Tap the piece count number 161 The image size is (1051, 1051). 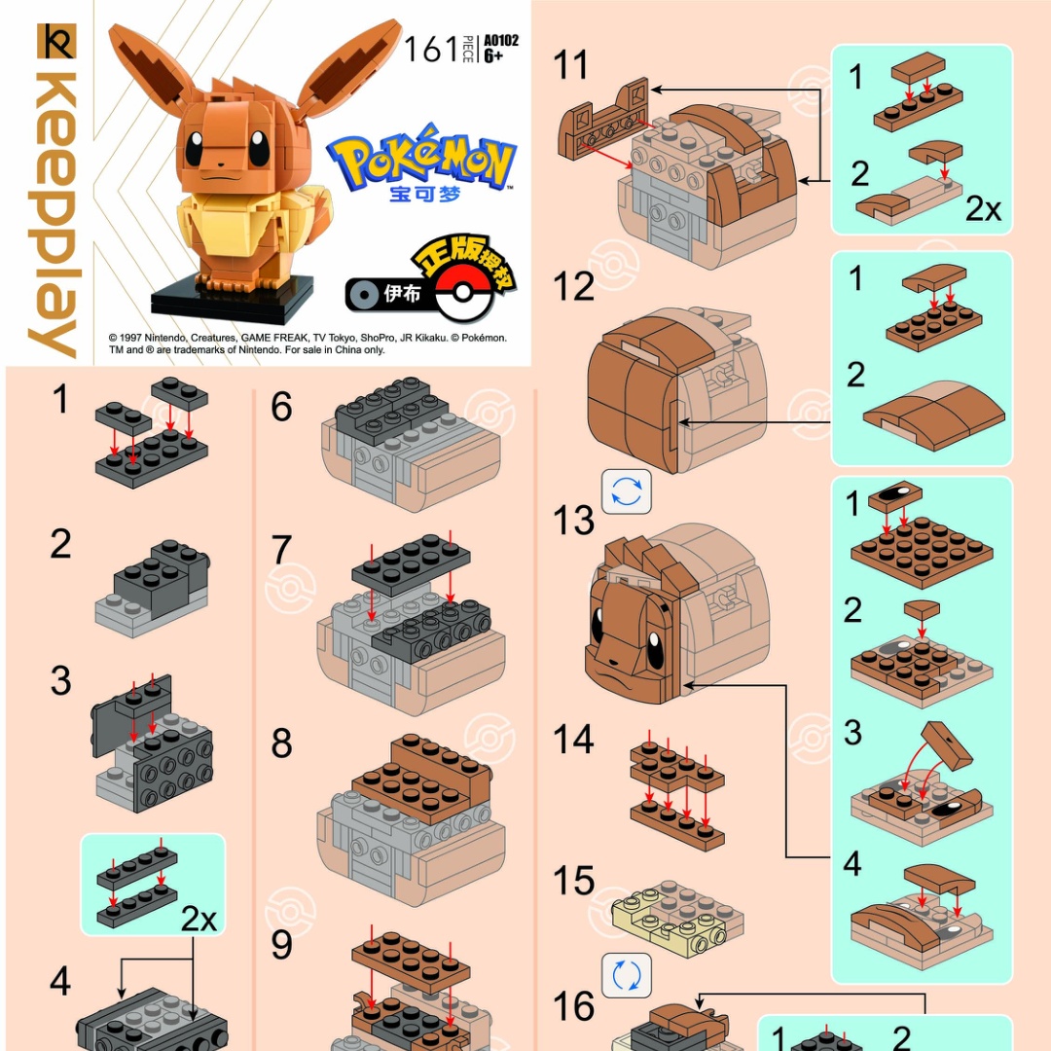click(431, 49)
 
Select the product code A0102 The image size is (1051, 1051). click(501, 40)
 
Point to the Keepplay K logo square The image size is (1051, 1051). click(57, 42)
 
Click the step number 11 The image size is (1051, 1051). click(570, 65)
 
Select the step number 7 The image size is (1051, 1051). click(281, 550)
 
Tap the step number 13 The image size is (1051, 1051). click(574, 521)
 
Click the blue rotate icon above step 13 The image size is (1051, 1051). click(627, 492)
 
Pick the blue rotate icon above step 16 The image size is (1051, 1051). click(627, 975)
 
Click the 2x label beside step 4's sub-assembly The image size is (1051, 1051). click(199, 920)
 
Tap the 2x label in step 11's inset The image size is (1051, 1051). click(983, 210)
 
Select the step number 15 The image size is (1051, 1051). click(574, 881)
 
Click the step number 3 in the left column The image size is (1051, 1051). click(61, 681)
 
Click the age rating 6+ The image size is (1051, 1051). click(493, 55)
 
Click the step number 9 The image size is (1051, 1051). click(281, 945)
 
